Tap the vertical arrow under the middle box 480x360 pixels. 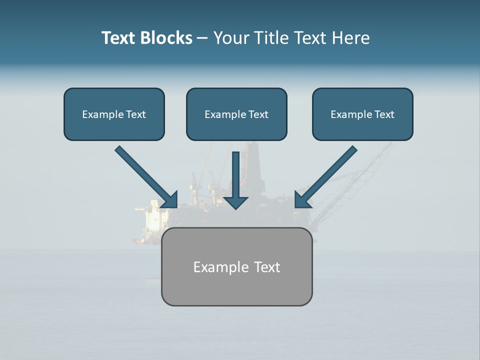[236, 175]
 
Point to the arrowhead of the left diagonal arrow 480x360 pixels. [170, 200]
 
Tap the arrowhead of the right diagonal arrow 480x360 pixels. [302, 199]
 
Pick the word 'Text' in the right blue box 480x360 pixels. [384, 114]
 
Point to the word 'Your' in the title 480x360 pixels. [231, 38]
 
